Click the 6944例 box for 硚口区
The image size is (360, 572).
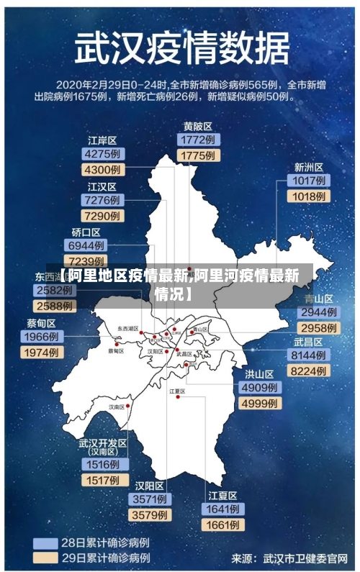tap(87, 246)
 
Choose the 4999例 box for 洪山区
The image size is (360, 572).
tap(259, 404)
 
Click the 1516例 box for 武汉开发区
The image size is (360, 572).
tap(103, 465)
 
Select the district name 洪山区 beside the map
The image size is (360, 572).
tap(259, 374)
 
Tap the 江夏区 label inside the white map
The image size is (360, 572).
tap(177, 391)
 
